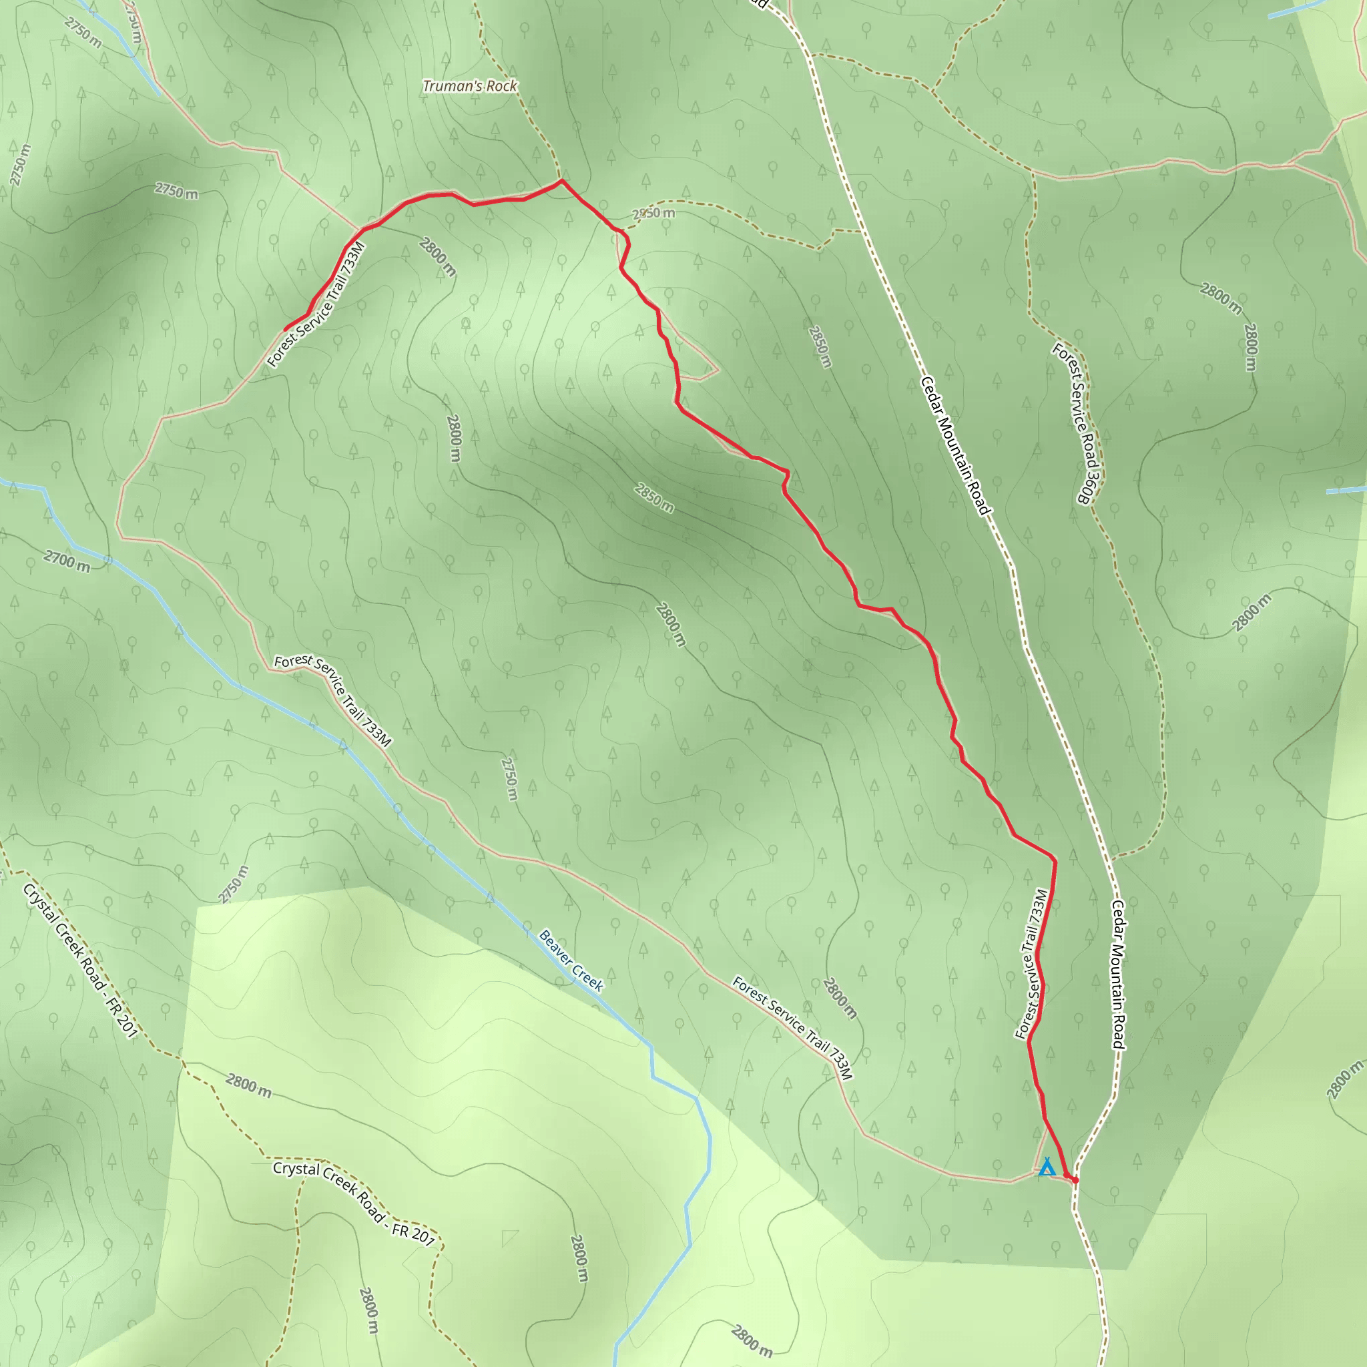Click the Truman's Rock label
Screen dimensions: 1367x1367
tap(470, 86)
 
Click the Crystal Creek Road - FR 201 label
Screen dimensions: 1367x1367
tap(80, 961)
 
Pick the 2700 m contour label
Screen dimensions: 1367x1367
tap(67, 562)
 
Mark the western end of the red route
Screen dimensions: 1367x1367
tap(285, 330)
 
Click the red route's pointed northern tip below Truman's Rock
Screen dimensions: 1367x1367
tap(562, 180)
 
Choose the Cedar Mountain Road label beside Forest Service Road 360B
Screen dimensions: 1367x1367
tap(955, 446)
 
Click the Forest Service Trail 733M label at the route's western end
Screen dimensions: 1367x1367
tap(316, 304)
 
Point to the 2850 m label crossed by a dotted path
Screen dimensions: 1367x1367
tap(653, 213)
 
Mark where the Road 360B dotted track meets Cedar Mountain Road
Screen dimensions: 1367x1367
tap(1112, 858)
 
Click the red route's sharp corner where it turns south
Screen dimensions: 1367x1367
tap(1054, 860)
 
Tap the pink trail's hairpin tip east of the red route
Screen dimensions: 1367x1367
tap(719, 369)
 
